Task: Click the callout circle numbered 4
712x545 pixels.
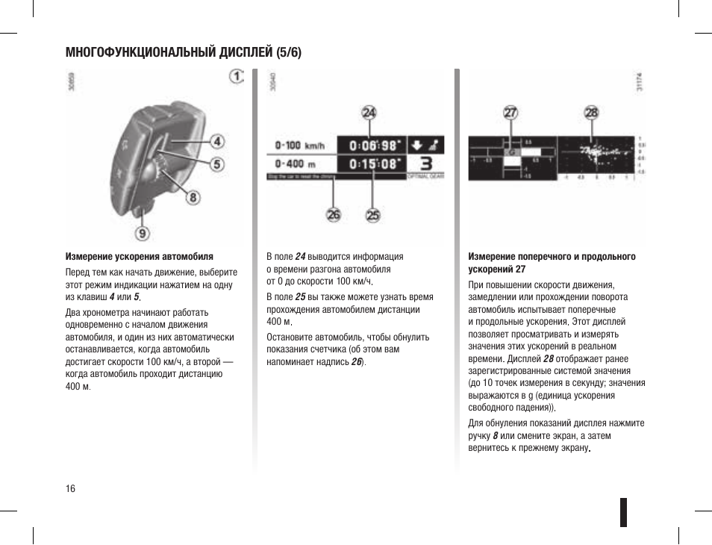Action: pyautogui.click(x=216, y=141)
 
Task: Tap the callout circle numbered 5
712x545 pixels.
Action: pyautogui.click(x=216, y=164)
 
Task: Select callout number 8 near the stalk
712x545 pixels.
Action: pyautogui.click(x=193, y=198)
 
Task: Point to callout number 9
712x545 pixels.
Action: pyautogui.click(x=142, y=233)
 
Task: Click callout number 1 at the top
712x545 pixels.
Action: pyautogui.click(x=237, y=77)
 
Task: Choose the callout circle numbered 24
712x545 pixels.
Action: pyautogui.click(x=369, y=113)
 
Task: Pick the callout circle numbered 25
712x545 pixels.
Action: pyautogui.click(x=372, y=215)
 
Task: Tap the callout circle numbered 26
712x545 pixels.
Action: pyautogui.click(x=333, y=215)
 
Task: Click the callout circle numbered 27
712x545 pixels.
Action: pyautogui.click(x=510, y=113)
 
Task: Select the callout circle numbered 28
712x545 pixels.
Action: pyautogui.click(x=592, y=113)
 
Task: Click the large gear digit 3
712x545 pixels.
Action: pyautogui.click(x=425, y=164)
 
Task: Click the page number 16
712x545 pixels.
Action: pyautogui.click(x=70, y=488)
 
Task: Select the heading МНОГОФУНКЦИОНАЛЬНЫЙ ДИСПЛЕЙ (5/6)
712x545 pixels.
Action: pyautogui.click(x=184, y=53)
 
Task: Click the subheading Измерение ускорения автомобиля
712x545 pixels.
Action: pyautogui.click(x=140, y=256)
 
